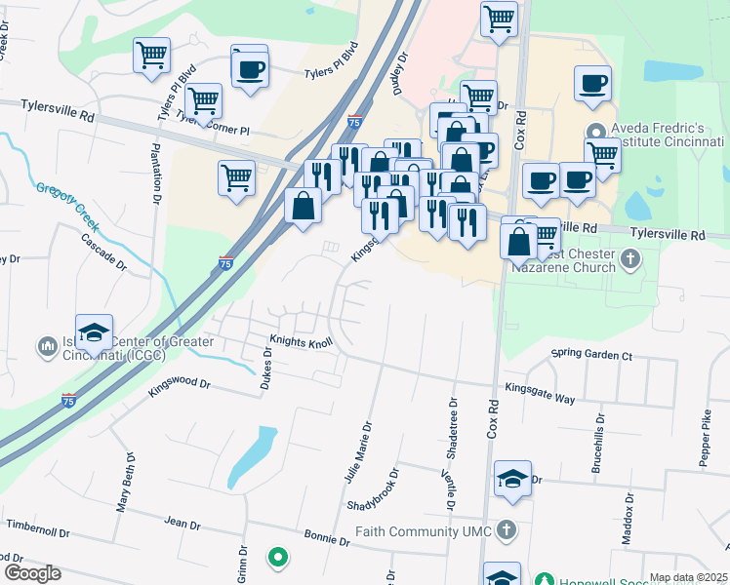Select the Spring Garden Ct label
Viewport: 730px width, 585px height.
pyautogui.click(x=592, y=354)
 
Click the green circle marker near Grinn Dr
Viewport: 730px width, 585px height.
pyautogui.click(x=278, y=558)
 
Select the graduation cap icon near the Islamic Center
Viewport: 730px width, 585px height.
pyautogui.click(x=95, y=333)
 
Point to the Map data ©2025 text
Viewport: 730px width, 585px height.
pyautogui.click(x=687, y=577)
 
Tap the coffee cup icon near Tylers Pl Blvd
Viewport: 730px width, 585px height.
pyautogui.click(x=249, y=68)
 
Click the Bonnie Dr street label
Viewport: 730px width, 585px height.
pyautogui.click(x=327, y=538)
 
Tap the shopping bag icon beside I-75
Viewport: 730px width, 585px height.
pyautogui.click(x=304, y=207)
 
